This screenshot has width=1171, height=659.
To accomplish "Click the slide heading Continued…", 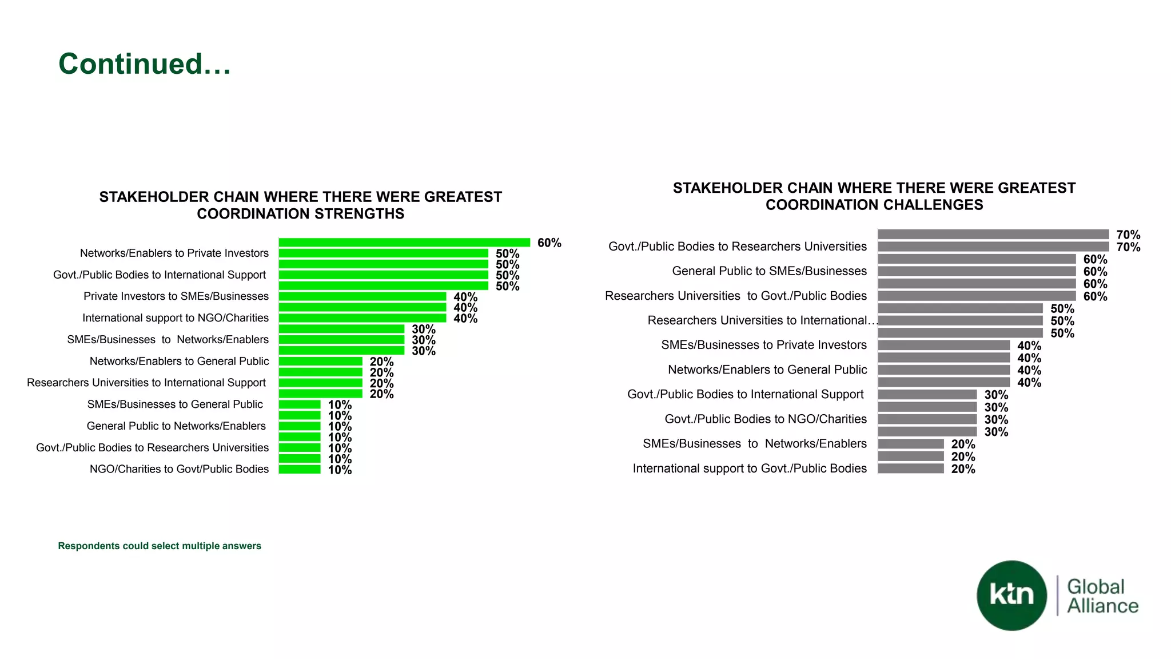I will point(145,63).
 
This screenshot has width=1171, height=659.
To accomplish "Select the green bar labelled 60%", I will point(404,243).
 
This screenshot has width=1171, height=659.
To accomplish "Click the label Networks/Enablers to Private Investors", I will point(174,253).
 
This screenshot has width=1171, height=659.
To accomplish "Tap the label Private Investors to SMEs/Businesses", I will point(176,296).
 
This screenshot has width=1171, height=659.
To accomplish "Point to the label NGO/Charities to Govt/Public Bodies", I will point(179,469).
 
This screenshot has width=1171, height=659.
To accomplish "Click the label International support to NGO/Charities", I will point(175,318).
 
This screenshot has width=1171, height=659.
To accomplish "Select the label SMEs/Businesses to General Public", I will point(174,404).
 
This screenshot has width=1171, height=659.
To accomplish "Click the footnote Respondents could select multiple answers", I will point(160,546).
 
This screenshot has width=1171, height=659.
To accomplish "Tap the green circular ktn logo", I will point(1011,596).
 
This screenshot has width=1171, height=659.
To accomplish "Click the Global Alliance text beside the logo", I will point(1102,596).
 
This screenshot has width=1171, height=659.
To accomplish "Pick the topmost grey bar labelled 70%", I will point(993,235).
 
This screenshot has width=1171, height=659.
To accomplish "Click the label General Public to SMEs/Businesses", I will point(769,271).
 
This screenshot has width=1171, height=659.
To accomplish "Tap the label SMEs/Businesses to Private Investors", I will point(764,345).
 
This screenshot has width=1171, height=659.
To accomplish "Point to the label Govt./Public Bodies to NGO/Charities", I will point(765,419).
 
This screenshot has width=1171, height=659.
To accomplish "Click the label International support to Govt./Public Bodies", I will point(749,469).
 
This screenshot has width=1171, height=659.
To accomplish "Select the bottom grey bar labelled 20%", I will point(910,469).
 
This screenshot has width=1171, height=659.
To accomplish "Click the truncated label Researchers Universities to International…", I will point(762,320).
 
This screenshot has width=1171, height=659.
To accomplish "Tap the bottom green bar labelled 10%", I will point(300,470).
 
